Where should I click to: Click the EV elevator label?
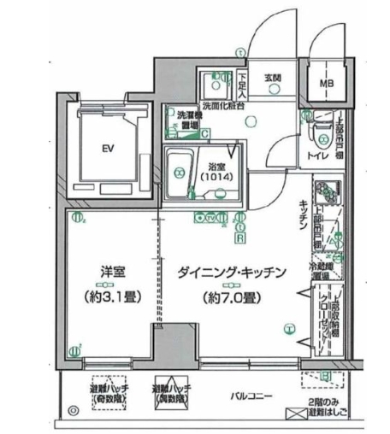coord(108,148)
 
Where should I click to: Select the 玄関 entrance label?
coord(273,78)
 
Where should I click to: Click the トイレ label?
coord(316,156)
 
